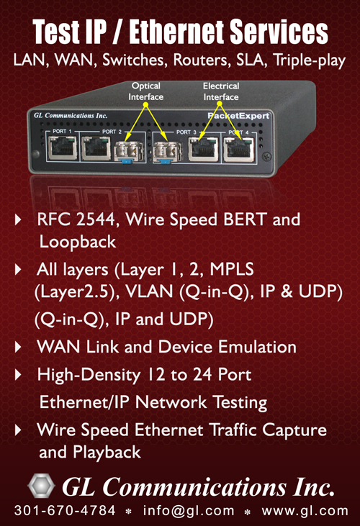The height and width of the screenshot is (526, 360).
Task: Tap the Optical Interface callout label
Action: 145,91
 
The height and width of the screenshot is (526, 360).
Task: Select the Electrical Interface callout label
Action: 221,91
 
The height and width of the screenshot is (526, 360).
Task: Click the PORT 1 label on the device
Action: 62,131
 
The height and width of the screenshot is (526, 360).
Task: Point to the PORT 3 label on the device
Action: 186,132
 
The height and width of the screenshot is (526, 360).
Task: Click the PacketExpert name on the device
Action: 238,116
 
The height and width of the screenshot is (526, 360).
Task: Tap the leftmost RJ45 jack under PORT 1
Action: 63,149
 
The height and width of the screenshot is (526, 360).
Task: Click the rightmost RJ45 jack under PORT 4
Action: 239,150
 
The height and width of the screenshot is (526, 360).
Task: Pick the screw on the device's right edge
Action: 266,156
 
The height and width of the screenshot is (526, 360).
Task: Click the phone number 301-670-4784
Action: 65,511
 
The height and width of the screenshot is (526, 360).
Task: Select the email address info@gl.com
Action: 189,511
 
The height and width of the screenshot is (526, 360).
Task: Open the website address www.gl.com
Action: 305,511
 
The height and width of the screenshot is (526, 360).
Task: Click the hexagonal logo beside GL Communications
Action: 41,486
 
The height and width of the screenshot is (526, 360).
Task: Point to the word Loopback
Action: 78,242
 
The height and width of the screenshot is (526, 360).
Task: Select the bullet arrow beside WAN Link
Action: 18,348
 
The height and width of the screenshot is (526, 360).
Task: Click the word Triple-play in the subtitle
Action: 309,60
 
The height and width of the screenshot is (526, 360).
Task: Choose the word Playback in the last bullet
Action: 107,452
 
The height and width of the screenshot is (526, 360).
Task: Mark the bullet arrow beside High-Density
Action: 18,375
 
